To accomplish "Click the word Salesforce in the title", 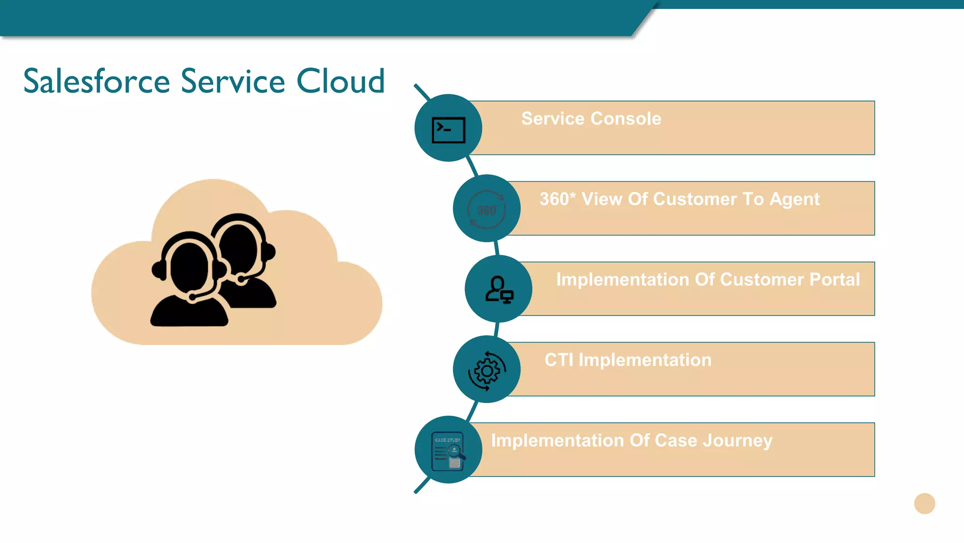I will [x=96, y=82].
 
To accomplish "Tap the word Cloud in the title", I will [x=340, y=82].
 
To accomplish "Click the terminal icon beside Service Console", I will [x=448, y=130].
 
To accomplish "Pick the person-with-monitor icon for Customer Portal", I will [x=499, y=289].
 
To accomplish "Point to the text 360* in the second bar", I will [x=557, y=199].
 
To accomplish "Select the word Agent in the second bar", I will [x=795, y=199].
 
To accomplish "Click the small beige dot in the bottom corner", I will [x=924, y=503].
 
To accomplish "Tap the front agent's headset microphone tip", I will [x=192, y=297].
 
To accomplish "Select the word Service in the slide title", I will [x=233, y=82].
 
